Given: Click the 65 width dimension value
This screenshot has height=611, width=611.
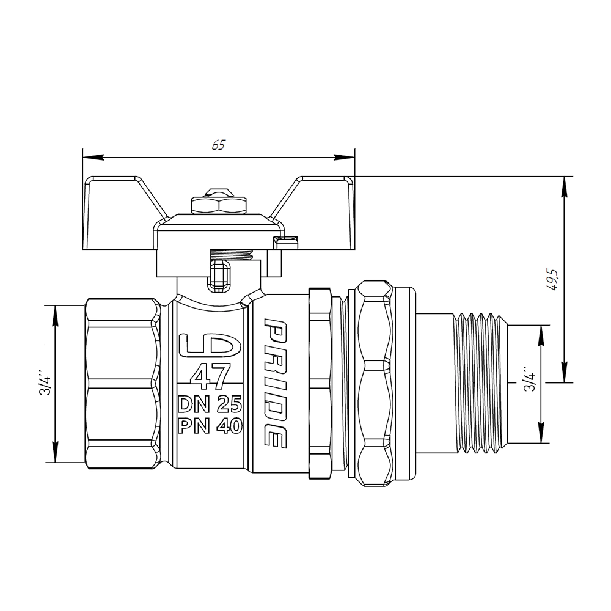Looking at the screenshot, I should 218,145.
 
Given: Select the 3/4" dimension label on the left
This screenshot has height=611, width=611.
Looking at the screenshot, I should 44,384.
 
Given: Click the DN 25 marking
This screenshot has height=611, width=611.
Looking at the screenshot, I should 210,404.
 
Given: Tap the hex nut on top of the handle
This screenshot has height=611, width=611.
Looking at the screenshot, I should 219,204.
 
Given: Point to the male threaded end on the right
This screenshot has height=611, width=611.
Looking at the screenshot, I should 483,384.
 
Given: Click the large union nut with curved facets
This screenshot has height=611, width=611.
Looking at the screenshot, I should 375,384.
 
